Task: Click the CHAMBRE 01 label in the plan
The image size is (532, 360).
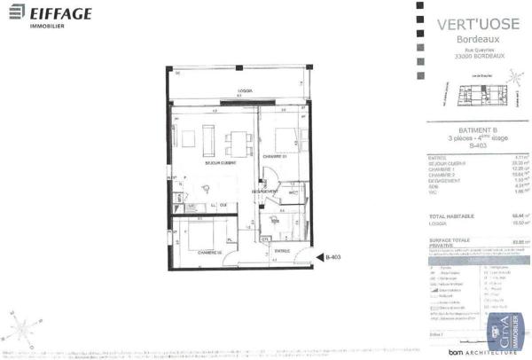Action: (x=275, y=156)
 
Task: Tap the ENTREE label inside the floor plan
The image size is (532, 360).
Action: (x=282, y=250)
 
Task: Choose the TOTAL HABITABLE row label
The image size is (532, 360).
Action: (x=448, y=215)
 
